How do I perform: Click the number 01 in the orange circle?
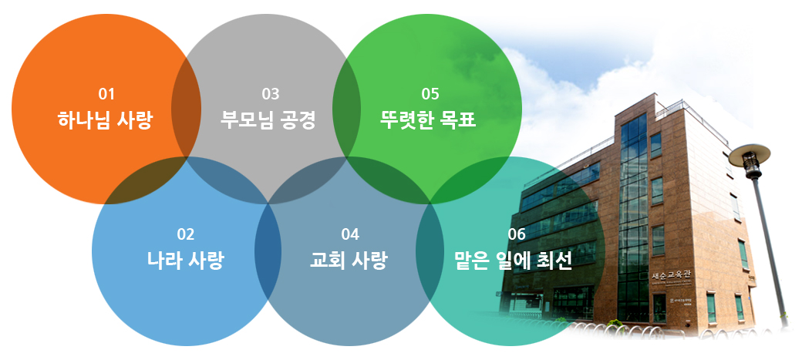(106, 95)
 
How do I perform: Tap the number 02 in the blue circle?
(186, 234)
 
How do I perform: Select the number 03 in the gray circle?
(271, 95)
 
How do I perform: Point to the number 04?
(350, 234)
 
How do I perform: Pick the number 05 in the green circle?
(430, 95)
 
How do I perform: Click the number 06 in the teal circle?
(517, 234)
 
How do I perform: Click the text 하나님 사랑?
(105, 121)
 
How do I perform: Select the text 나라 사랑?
(185, 261)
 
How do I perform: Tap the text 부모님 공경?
(268, 121)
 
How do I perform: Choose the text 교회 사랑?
(349, 261)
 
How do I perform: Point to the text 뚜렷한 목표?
(428, 121)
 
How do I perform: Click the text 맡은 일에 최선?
(514, 261)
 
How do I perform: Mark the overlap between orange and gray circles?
(186, 109)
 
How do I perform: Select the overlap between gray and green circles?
(347, 109)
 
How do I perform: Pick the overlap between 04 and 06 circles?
(430, 251)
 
